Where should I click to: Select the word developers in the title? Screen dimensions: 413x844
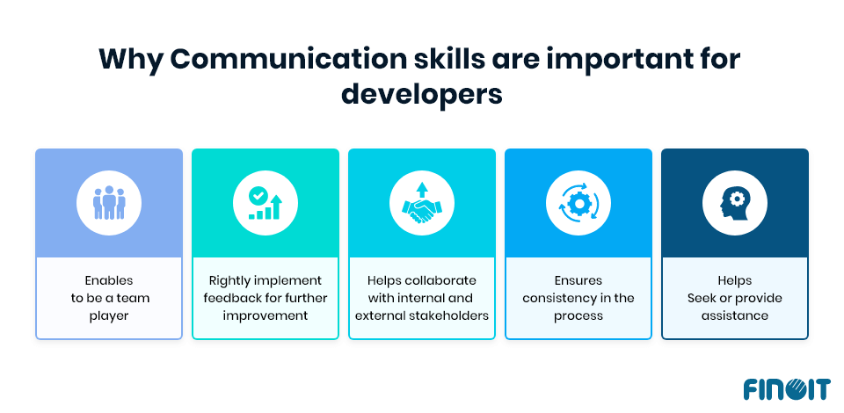point(422,93)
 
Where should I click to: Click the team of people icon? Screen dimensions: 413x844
point(109,202)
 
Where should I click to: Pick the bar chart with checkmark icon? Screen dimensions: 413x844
point(265,203)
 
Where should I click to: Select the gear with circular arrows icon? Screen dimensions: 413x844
point(578,203)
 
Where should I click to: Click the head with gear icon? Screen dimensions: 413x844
point(734,203)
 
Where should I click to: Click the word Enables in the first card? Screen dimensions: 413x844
point(109,280)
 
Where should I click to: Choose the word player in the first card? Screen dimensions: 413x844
point(109,315)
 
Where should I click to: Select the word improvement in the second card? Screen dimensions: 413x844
point(265,315)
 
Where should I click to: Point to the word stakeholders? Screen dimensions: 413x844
point(447,315)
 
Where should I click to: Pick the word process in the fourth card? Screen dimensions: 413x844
point(578,315)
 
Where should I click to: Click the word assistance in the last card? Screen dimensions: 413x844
point(734,315)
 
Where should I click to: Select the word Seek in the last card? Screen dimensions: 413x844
point(701,298)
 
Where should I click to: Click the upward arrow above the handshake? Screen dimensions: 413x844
point(421,189)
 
